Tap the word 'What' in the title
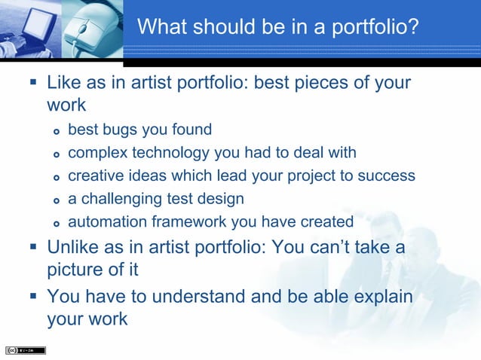point(161,29)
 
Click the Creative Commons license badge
point(25,350)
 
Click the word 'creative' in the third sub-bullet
point(93,175)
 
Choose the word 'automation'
point(103,221)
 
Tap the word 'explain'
point(382,296)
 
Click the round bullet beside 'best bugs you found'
point(55,130)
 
